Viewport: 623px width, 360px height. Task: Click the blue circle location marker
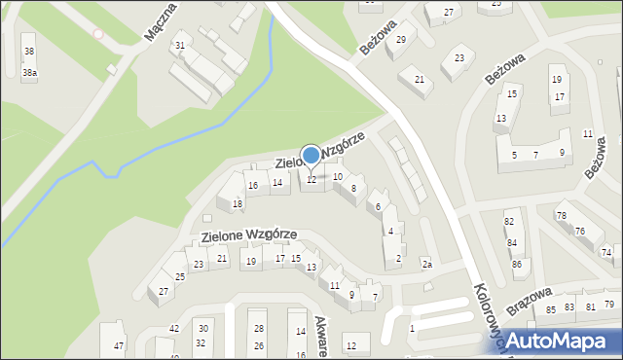311,155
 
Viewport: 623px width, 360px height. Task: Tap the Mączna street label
159,21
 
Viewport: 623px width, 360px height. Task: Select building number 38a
30,73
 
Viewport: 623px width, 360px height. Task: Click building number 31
179,46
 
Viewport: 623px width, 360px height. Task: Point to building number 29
401,39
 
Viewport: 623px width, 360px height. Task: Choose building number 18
238,203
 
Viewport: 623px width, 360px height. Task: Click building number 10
337,177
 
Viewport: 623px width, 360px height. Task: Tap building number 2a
426,264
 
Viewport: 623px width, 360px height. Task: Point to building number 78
561,215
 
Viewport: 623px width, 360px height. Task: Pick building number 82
509,222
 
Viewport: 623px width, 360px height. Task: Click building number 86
516,264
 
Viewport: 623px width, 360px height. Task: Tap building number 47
119,346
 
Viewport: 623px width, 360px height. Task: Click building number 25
179,277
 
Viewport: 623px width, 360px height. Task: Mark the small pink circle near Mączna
97,34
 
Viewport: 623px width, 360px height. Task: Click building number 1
412,329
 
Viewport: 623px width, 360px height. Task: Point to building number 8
353,188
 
